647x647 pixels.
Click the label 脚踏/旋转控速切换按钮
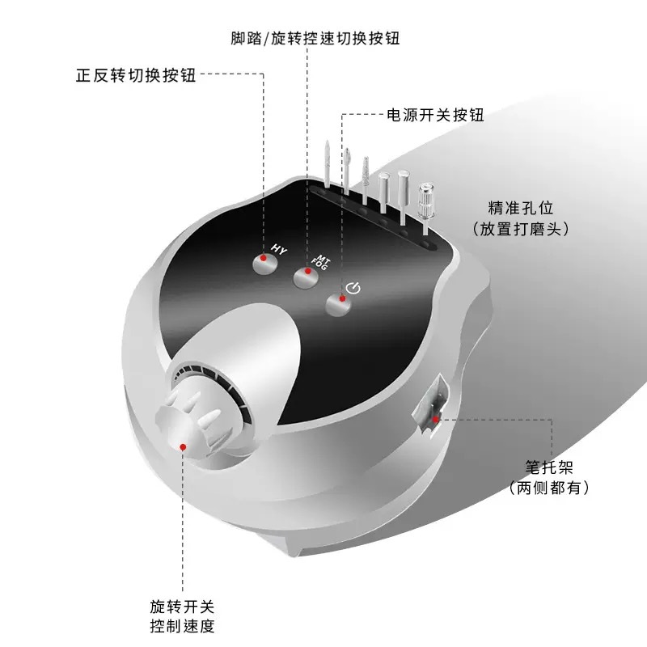pos(316,38)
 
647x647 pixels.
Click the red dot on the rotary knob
pos(184,446)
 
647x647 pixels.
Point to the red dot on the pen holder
pos(435,420)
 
